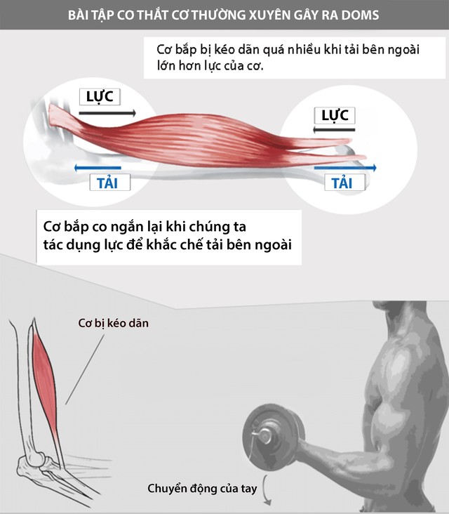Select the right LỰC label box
[335, 115]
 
